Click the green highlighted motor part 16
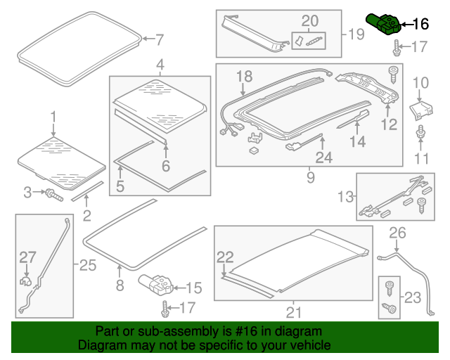(x=383, y=25)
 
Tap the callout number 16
(x=420, y=24)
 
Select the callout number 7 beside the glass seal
(x=160, y=39)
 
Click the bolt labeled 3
(x=53, y=195)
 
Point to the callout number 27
(x=27, y=257)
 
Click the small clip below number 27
(x=25, y=282)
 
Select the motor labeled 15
(x=156, y=285)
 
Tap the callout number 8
(x=120, y=285)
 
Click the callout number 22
(x=225, y=257)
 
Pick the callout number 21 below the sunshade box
(x=294, y=312)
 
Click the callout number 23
(x=413, y=297)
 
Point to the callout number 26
(x=397, y=233)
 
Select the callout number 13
(x=345, y=197)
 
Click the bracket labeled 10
(x=421, y=110)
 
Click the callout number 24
(x=324, y=157)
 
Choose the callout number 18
(x=244, y=77)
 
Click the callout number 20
(x=310, y=20)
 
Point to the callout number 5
(x=120, y=186)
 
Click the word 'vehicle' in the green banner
(x=314, y=345)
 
